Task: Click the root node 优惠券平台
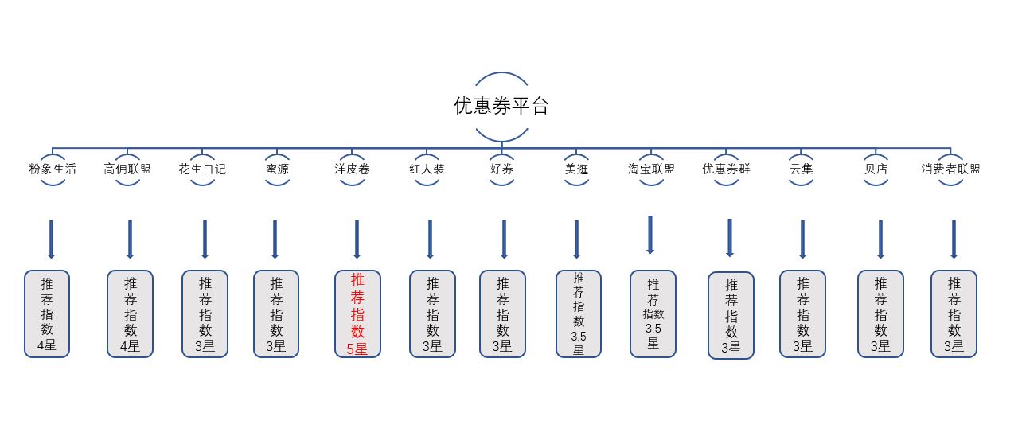[501, 106]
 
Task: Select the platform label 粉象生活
[53, 169]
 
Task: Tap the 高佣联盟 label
[127, 169]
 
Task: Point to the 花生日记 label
[202, 169]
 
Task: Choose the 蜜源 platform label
[277, 169]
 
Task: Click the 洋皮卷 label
[352, 169]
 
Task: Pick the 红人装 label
[427, 169]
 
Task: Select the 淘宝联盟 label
[651, 169]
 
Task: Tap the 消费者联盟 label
[950, 169]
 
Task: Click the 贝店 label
[876, 169]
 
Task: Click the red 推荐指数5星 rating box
[357, 314]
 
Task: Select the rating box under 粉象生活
[47, 314]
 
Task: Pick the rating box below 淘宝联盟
[653, 314]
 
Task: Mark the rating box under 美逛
[579, 314]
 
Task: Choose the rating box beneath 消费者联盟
[954, 314]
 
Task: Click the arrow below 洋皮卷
[357, 240]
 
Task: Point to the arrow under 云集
[802, 240]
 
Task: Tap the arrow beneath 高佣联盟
[130, 240]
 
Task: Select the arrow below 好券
[504, 240]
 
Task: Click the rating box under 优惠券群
[731, 316]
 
